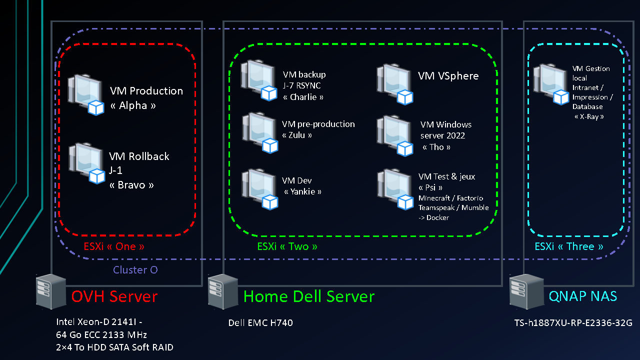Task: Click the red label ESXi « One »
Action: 114,246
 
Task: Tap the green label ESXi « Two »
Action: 287,246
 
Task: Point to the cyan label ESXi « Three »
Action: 568,246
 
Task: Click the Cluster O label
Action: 135,270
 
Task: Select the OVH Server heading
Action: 114,296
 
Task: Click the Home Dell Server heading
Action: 309,296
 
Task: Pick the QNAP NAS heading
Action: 582,296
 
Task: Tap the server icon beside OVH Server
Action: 51,291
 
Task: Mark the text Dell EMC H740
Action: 260,323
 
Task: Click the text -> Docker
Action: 433,217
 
